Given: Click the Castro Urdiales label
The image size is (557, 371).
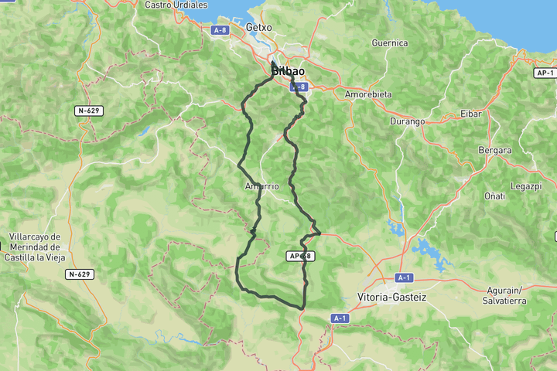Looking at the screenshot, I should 176,5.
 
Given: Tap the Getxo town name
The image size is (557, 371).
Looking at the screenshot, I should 258,27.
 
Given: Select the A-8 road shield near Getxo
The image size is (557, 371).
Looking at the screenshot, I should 219,29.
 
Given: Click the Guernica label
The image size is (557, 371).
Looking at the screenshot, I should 389,43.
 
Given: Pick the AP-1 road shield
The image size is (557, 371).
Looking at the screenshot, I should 545,73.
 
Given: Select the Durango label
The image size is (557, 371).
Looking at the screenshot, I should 407,121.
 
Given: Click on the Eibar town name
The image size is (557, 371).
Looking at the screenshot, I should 470,114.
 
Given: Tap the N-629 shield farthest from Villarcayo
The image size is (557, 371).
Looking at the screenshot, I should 88,111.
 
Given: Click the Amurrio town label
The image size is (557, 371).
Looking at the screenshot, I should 261,186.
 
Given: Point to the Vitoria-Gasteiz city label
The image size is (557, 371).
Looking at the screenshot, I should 392,297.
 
